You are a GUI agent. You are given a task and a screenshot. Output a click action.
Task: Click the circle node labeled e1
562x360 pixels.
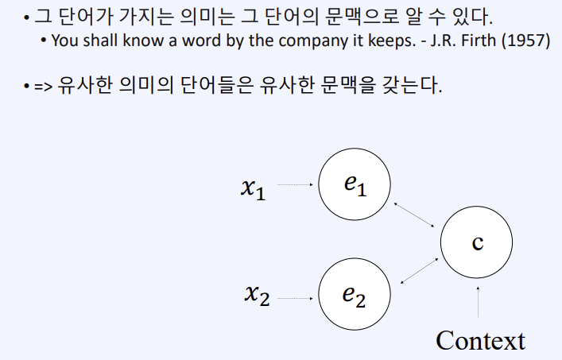[355, 186]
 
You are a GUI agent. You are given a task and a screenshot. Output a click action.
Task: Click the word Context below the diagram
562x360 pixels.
[480, 340]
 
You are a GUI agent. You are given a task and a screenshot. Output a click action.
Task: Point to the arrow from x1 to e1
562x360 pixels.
[296, 186]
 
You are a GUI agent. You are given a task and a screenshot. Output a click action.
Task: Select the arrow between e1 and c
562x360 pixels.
[417, 215]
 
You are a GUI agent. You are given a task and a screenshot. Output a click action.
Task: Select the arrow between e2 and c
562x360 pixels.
[419, 269]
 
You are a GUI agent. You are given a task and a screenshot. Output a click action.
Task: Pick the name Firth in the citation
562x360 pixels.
[482, 41]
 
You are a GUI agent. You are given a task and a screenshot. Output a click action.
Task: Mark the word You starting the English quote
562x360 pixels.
[63, 41]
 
